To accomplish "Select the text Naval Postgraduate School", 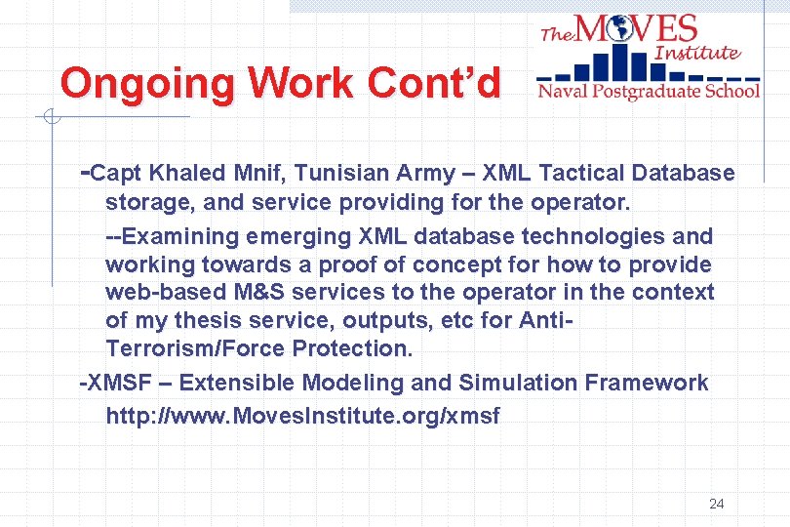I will pos(648,92).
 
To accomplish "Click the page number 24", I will pos(717,504).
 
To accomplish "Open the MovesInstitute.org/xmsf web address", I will pos(302,417).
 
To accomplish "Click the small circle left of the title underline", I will pos(50,119).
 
